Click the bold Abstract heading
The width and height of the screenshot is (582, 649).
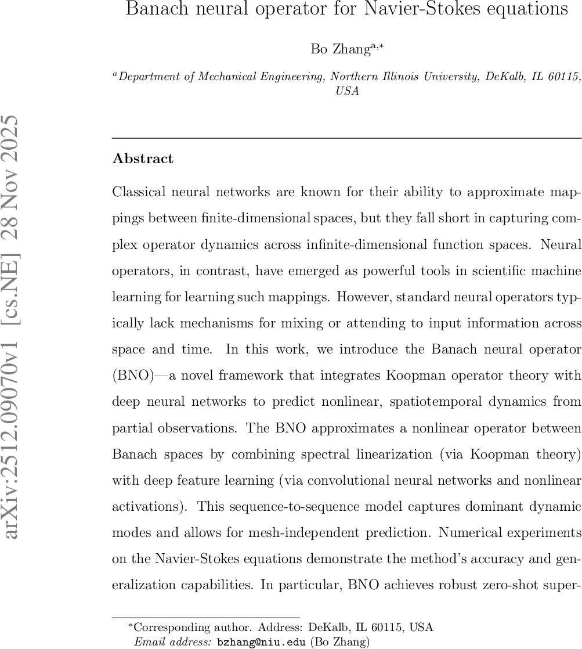(x=143, y=159)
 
